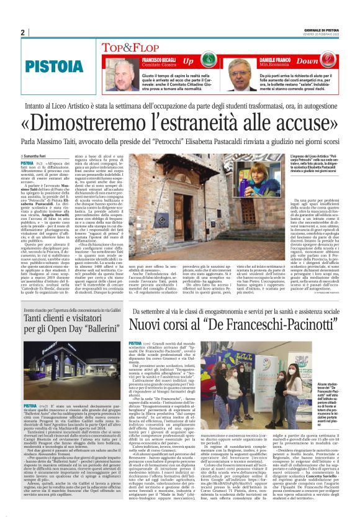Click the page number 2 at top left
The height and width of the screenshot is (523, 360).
(x=22, y=32)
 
